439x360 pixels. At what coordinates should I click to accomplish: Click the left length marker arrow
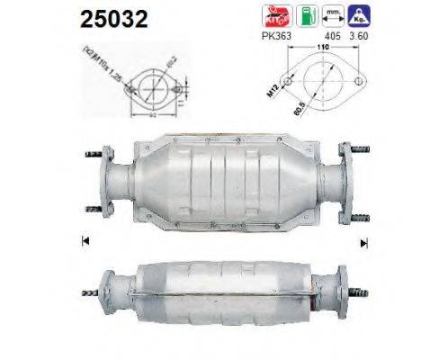(85, 240)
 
